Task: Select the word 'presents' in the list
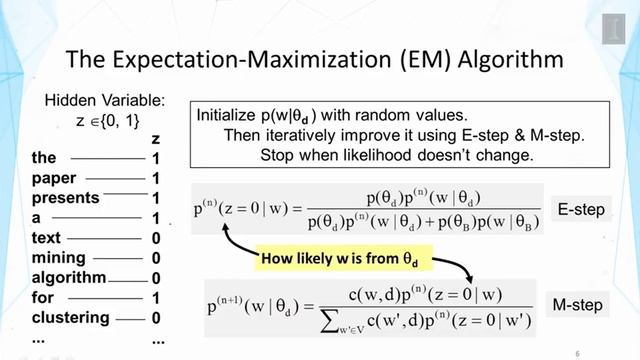click(x=63, y=198)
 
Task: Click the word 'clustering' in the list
click(x=70, y=318)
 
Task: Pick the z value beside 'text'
click(x=156, y=238)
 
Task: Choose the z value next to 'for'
click(x=156, y=298)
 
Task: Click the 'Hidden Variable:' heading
click(x=104, y=101)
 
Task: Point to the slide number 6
click(x=577, y=353)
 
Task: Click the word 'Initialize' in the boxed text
click(x=230, y=115)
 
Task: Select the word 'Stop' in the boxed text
click(x=277, y=155)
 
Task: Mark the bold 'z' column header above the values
click(x=155, y=139)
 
